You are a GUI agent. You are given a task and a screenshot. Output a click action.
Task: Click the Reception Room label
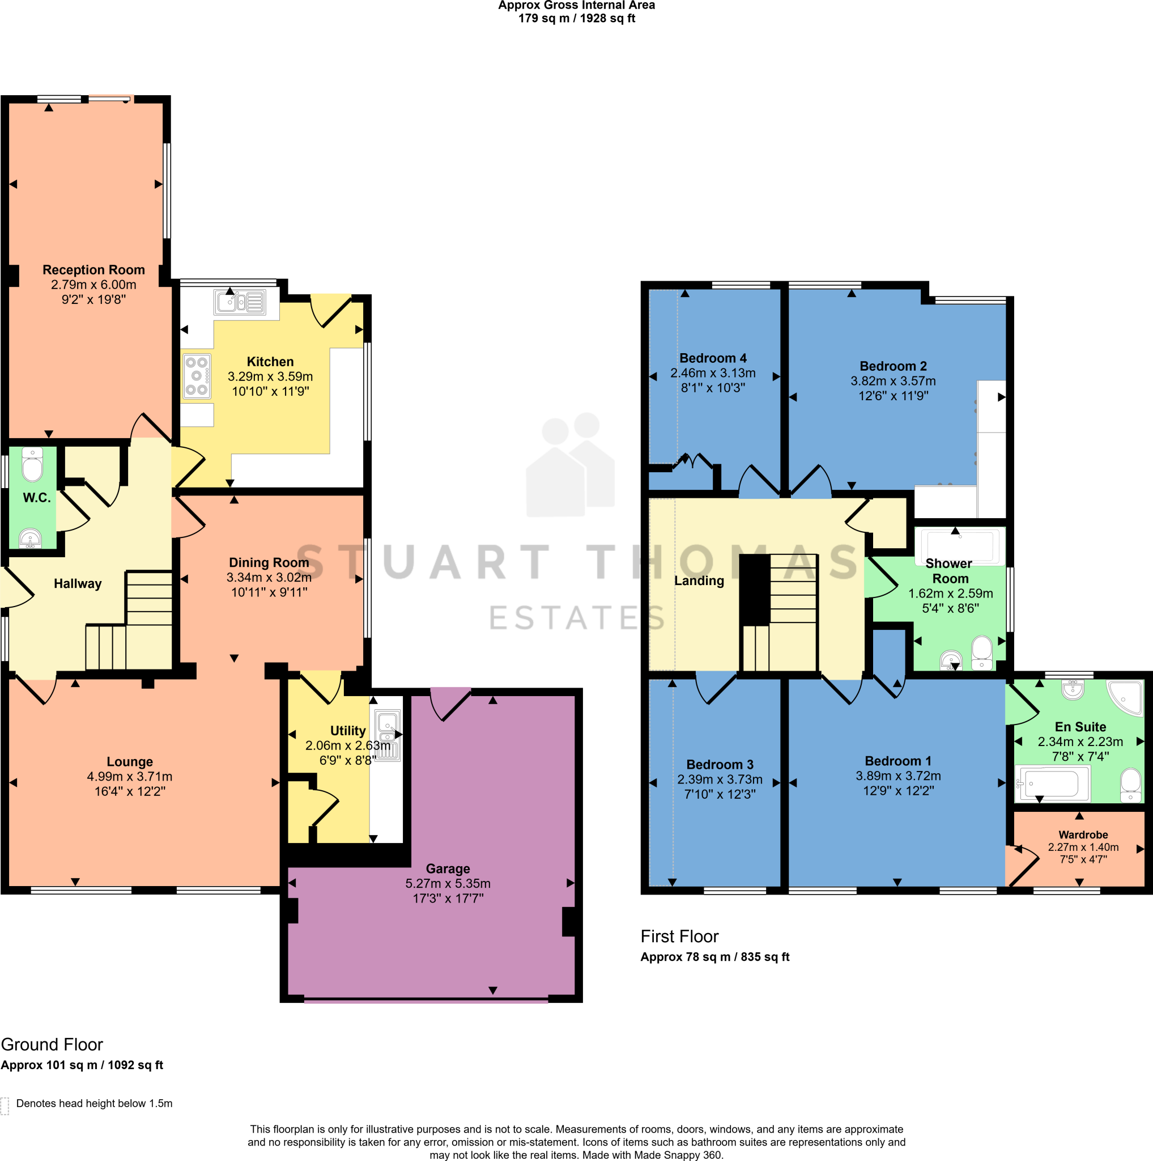click(93, 270)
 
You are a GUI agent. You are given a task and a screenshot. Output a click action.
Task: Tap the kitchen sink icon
click(240, 302)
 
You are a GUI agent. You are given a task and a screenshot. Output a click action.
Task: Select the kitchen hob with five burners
click(197, 376)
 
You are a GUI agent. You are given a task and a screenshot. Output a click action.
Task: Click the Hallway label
click(78, 583)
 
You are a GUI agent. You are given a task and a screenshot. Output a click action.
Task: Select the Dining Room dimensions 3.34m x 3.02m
click(269, 578)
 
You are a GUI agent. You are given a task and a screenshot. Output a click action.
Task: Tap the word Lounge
click(130, 761)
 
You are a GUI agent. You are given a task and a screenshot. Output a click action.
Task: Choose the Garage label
click(448, 868)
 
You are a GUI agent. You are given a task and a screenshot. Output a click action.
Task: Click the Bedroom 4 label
click(713, 358)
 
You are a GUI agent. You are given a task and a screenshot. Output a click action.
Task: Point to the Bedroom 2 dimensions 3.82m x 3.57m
click(893, 381)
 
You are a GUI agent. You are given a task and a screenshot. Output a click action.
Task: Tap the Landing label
click(699, 580)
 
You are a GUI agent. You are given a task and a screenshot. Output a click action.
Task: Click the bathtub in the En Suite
click(1052, 784)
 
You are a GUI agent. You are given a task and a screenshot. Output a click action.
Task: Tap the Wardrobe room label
click(1083, 834)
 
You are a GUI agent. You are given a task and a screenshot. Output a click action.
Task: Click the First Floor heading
click(679, 937)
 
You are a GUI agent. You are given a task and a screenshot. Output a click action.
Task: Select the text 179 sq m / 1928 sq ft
click(577, 19)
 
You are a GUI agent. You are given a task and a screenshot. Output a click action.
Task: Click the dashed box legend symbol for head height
click(5, 1105)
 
